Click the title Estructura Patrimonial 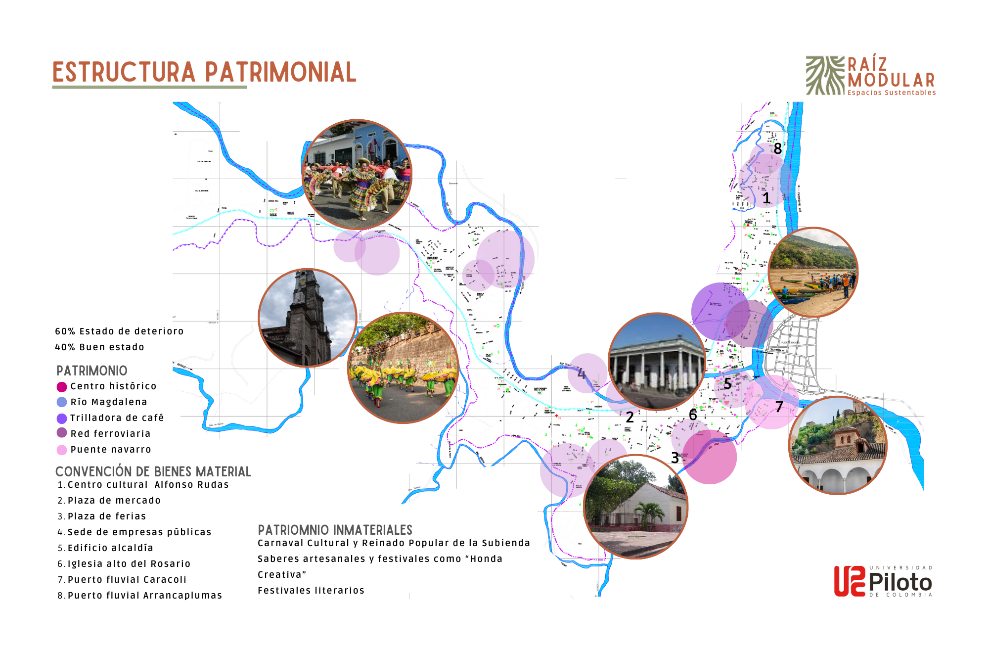tap(204, 72)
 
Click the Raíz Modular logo tap(870, 76)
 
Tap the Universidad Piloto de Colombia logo tap(883, 581)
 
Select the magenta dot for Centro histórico tap(62, 387)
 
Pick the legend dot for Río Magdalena tap(62, 402)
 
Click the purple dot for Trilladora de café tap(62, 418)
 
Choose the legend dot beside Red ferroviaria tap(62, 433)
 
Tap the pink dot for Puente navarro tap(62, 450)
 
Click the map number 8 tap(778, 148)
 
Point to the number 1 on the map tap(766, 198)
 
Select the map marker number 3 tap(675, 458)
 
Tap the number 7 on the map tap(779, 407)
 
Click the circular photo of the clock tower tap(308, 318)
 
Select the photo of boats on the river tap(813, 272)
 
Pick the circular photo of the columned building tap(657, 362)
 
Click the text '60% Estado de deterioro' tap(119, 331)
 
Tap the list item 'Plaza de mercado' tap(114, 501)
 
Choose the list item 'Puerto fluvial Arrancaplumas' tap(144, 596)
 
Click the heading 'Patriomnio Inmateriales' tap(335, 530)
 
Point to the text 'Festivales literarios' tap(311, 591)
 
